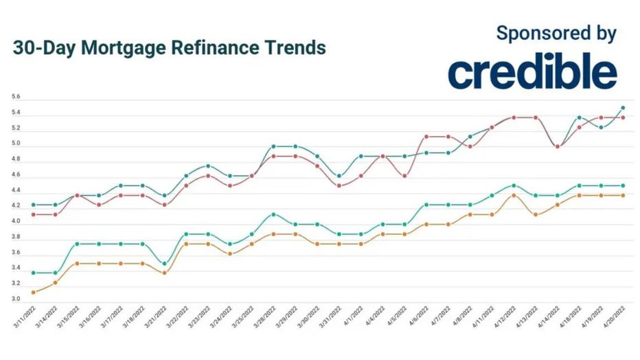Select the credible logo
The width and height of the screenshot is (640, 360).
coord(533,73)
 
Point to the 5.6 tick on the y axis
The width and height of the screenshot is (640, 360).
coord(16,97)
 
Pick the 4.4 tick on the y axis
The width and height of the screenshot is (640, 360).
coord(16,190)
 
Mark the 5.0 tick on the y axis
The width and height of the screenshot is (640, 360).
coord(16,144)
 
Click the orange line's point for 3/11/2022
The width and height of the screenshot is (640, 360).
coord(34,292)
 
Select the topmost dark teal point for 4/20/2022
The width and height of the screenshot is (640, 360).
coord(623,107)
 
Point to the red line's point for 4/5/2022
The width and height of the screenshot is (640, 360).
coord(404,176)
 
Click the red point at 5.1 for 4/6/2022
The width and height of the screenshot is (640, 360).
coord(426,137)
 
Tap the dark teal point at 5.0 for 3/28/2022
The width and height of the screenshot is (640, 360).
coord(273,146)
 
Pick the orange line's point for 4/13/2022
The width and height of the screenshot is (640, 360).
coord(536,214)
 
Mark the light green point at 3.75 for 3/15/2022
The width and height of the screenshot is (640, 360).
coord(77,244)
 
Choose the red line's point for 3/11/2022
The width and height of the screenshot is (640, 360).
coord(34,214)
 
